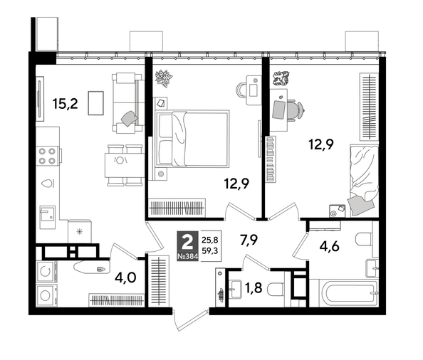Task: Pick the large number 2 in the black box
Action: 187,240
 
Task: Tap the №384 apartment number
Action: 187,255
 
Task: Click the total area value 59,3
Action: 211,251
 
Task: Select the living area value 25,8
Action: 211,240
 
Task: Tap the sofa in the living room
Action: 126,101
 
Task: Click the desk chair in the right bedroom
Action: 293,108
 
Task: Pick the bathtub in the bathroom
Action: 344,291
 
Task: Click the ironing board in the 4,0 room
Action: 88,268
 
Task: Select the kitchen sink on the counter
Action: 48,213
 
